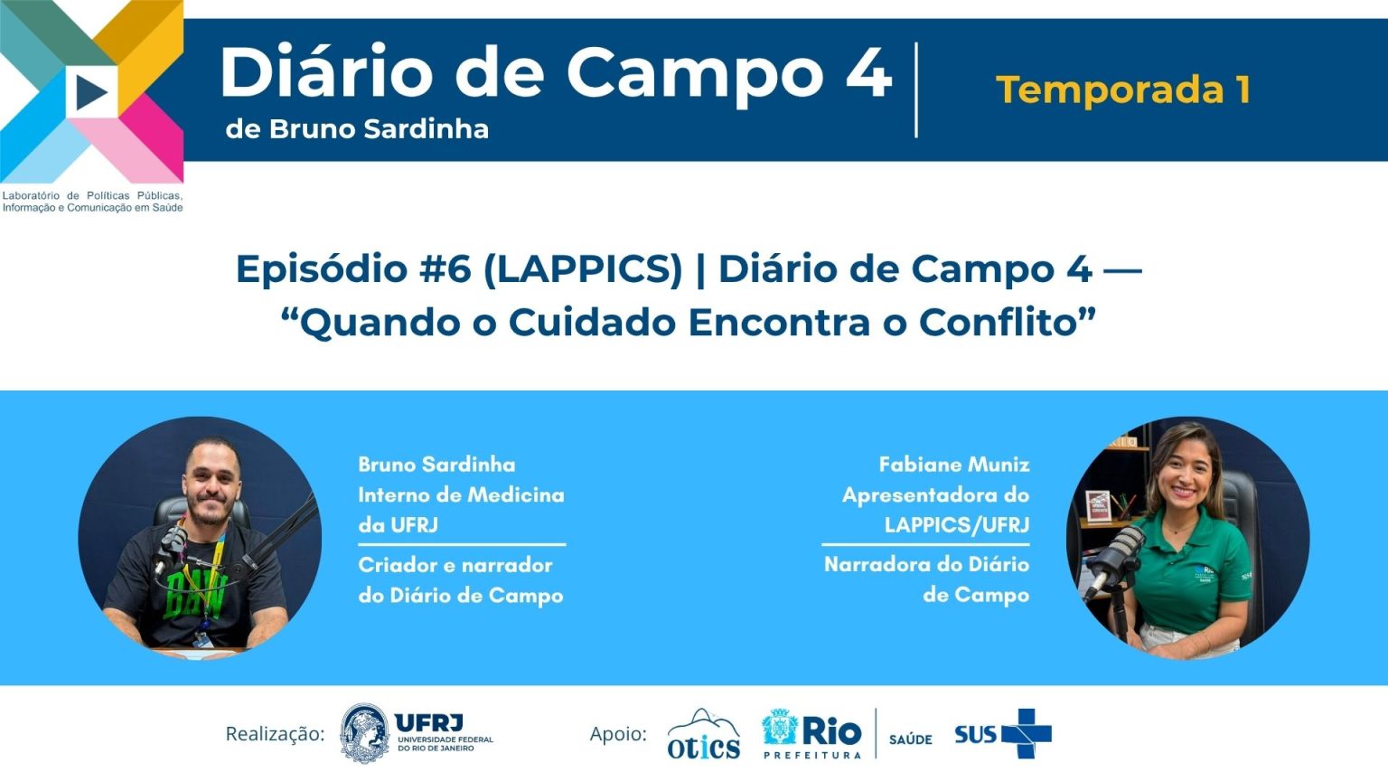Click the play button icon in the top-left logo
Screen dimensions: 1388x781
pos(91,91)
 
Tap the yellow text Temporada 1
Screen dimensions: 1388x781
pos(1123,89)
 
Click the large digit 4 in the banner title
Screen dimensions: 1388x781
pos(868,71)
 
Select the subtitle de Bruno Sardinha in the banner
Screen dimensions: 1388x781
pos(357,129)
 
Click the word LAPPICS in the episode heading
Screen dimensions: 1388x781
pos(583,269)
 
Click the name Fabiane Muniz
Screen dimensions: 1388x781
pos(954,465)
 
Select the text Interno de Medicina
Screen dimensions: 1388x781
pos(462,494)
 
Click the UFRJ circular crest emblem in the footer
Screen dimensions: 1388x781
pos(364,733)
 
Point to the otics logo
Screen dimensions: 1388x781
pos(703,735)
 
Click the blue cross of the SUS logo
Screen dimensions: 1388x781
pos(1027,734)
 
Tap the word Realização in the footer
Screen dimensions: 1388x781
pos(275,734)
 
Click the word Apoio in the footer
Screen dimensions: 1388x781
pos(618,734)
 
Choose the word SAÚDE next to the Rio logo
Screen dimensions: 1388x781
pos(910,739)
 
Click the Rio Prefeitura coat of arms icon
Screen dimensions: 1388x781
pos(779,727)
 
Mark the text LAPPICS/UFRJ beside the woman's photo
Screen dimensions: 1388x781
pos(957,525)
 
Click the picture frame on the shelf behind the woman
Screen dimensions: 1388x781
pos(1097,506)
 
